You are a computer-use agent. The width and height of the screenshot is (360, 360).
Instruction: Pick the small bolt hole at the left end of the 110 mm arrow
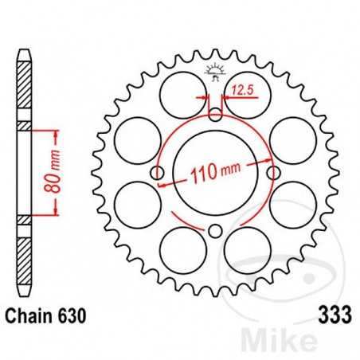[x=158, y=173]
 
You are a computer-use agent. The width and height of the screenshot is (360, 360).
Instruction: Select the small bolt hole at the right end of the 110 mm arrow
[x=275, y=173]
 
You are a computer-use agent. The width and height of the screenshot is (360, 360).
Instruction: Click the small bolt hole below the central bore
[x=216, y=232]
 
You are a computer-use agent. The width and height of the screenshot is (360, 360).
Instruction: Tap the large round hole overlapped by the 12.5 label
[x=245, y=96]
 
